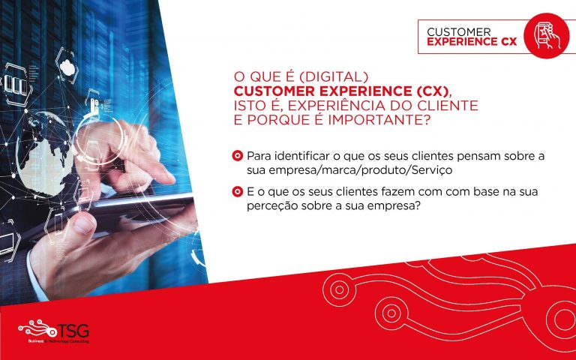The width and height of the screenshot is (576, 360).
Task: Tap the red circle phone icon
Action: [x=547, y=36]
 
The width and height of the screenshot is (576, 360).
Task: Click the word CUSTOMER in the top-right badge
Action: [x=459, y=32]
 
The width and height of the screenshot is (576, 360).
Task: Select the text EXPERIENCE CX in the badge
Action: [x=472, y=41]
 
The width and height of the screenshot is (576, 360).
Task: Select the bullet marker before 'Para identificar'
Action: [x=238, y=156]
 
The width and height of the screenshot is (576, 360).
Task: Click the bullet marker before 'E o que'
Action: [x=238, y=191]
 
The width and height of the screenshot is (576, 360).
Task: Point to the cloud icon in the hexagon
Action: [x=67, y=67]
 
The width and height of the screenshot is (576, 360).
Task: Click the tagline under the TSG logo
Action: [x=58, y=341]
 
